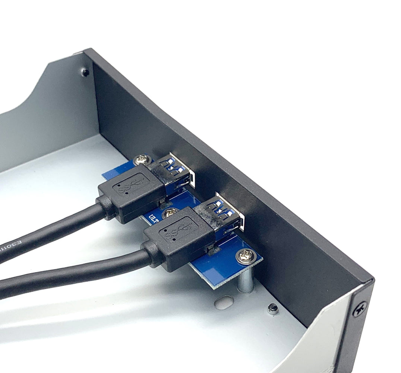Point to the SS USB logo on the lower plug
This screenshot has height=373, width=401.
tap(178, 231)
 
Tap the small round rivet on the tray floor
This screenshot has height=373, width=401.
tap(273, 308)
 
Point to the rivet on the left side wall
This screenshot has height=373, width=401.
tap(85, 72)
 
